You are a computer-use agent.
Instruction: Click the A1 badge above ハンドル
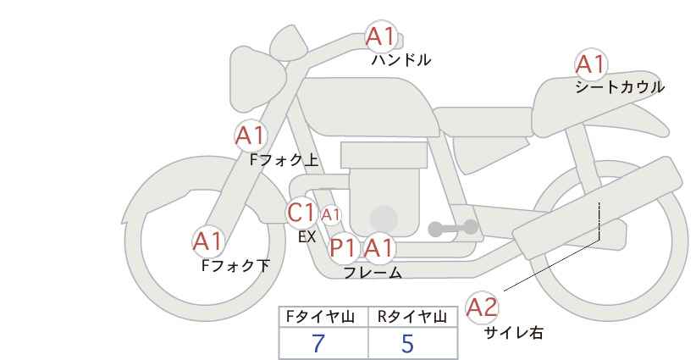[x=380, y=36]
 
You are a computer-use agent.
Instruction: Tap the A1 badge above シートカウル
[x=590, y=64]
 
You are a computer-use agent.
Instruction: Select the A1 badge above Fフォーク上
[x=250, y=135]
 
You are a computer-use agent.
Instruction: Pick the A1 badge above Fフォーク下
[x=207, y=241]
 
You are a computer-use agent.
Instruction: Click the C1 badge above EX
[x=301, y=212]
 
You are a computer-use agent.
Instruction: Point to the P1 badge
[x=343, y=248]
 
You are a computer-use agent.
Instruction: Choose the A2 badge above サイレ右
[x=483, y=307]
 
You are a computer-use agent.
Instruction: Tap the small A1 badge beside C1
[x=330, y=214]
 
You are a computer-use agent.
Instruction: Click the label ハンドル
[x=401, y=60]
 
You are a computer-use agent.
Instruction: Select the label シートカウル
[x=619, y=87]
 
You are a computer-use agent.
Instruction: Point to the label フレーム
[x=373, y=273]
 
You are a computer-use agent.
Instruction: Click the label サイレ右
[x=513, y=333]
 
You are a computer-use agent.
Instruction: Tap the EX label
[x=307, y=238]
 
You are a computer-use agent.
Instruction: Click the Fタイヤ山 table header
[x=323, y=317]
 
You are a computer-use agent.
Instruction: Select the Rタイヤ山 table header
[x=412, y=317]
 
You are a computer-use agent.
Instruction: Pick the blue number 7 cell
[x=318, y=343]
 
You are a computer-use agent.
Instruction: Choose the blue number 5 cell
[x=408, y=343]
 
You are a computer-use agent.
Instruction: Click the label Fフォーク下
[x=235, y=266]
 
